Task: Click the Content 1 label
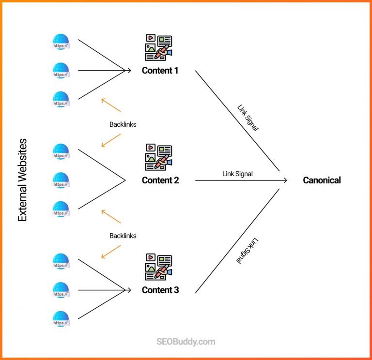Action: (x=160, y=71)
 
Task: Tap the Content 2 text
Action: (x=160, y=180)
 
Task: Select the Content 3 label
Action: (x=160, y=290)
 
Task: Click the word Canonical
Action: (x=322, y=180)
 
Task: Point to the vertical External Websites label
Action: (x=22, y=180)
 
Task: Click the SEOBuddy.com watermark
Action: (x=186, y=342)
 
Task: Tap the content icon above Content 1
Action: (x=158, y=47)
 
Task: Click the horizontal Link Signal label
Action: (x=237, y=173)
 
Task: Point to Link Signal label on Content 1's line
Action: (x=248, y=118)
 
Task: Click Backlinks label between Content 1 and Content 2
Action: (x=123, y=124)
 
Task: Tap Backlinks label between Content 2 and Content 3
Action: (x=123, y=236)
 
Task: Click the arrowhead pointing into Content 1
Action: (x=129, y=71)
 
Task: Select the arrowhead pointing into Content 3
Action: (x=129, y=290)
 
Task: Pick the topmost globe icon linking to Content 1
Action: (x=61, y=42)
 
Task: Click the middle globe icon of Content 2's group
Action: (x=61, y=180)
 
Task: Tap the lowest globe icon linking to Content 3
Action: (x=61, y=318)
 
